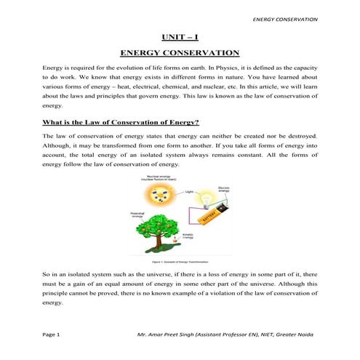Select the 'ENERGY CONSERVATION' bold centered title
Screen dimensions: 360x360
[x=180, y=53]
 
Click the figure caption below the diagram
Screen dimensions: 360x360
[x=179, y=260]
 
